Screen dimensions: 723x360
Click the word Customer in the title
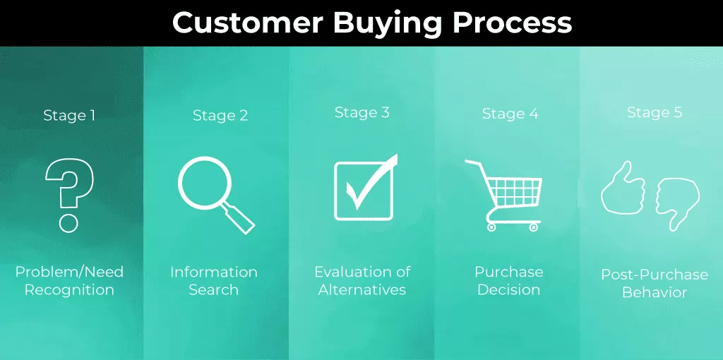[248, 23]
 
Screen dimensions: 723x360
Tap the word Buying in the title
[388, 24]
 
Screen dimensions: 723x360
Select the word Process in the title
[513, 23]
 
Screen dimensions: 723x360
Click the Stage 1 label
[69, 115]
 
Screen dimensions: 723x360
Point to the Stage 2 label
[220, 115]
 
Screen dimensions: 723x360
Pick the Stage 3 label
[362, 112]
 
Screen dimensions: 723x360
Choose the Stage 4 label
[510, 114]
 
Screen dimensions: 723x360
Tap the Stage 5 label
[655, 112]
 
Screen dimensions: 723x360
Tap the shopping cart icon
[503, 195]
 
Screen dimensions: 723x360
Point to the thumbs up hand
[623, 188]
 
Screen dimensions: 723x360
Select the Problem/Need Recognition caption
[69, 281]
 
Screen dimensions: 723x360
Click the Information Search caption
[214, 281]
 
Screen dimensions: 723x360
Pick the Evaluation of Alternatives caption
[362, 281]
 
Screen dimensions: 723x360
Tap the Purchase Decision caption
[509, 281]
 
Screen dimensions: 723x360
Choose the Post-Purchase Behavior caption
[655, 284]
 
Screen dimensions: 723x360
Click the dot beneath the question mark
[68, 222]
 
